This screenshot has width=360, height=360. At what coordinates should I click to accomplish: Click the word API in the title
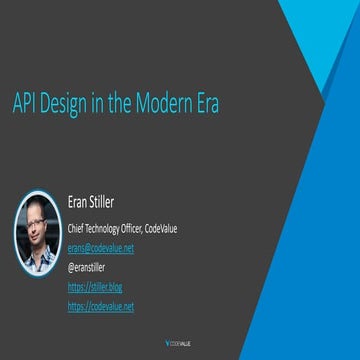(x=24, y=104)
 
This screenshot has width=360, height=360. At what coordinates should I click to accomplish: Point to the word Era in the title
(x=205, y=104)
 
